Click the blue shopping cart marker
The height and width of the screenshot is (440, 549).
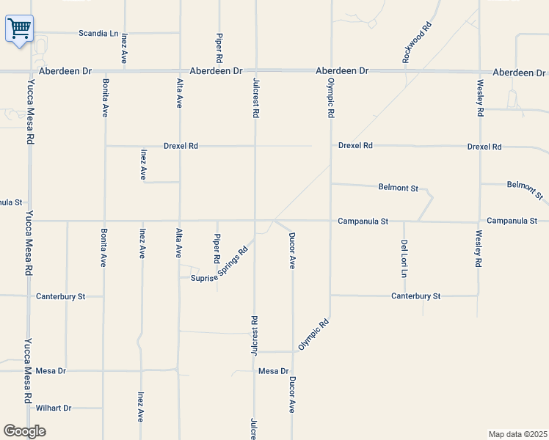tap(20, 29)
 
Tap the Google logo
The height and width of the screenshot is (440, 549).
tap(25, 431)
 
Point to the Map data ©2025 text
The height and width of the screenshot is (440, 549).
tap(517, 434)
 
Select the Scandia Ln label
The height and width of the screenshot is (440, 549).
tap(98, 33)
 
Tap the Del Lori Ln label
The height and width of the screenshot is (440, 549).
tap(404, 258)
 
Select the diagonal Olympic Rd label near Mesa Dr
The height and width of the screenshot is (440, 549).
tap(313, 334)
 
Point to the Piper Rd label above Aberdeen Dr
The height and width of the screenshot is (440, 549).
tap(219, 46)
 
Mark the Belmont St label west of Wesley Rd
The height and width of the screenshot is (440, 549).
tap(398, 188)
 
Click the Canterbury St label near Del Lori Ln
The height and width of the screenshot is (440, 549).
tap(415, 296)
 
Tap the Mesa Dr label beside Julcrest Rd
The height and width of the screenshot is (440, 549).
tap(274, 372)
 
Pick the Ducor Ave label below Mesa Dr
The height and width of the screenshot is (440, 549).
tap(292, 395)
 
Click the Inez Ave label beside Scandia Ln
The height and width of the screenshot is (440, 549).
tap(125, 46)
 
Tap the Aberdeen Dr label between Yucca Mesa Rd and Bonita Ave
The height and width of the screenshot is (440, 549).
tap(66, 71)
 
